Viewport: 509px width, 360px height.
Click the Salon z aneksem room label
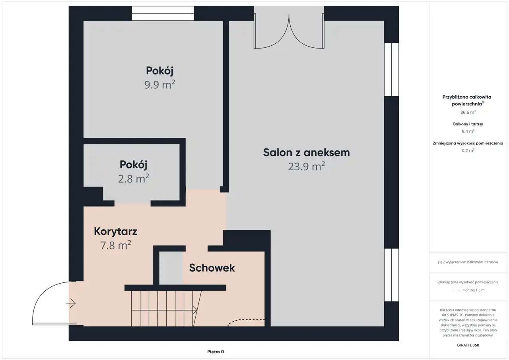[306, 152]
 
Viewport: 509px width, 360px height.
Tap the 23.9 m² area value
[306, 166]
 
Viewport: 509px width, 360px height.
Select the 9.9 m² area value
[160, 85]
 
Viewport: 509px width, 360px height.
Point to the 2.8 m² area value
[133, 179]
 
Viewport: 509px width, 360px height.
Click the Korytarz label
[115, 232]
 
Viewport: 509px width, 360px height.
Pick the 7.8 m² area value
[116, 245]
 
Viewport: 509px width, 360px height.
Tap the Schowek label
[212, 268]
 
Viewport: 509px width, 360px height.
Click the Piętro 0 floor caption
[216, 352]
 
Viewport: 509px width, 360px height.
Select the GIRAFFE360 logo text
[468, 345]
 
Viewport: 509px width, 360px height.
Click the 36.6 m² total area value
[468, 112]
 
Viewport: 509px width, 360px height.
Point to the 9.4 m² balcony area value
[468, 131]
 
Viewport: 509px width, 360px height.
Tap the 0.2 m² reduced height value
[468, 150]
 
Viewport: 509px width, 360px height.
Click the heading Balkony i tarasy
[468, 124]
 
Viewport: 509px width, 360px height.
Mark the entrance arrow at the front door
[71, 303]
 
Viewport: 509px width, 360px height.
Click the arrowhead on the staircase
[195, 310]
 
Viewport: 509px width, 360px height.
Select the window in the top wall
[163, 14]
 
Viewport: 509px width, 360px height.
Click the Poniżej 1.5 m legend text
[474, 290]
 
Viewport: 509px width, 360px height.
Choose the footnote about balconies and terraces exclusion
[468, 262]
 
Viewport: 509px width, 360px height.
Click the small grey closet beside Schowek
[171, 268]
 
